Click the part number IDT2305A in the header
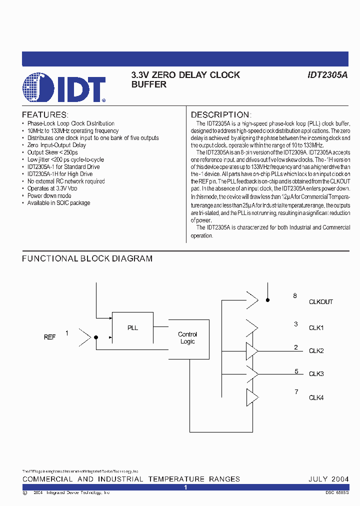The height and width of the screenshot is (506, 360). pyautogui.click(x=327, y=75)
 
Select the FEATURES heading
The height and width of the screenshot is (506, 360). pyautogui.click(x=44, y=114)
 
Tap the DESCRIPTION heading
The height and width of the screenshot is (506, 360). pyautogui.click(x=220, y=114)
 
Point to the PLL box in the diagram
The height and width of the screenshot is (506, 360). pyautogui.click(x=132, y=327)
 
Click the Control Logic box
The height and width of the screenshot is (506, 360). pyautogui.click(x=187, y=338)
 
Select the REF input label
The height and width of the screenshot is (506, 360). pyautogui.click(x=49, y=337)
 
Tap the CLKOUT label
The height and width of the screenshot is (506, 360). pyautogui.click(x=320, y=302)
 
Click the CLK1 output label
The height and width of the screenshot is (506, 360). pyautogui.click(x=316, y=328)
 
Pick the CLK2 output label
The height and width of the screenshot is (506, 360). pyautogui.click(x=316, y=351)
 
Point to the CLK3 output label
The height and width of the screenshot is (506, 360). pyautogui.click(x=316, y=374)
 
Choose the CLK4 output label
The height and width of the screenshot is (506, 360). pyautogui.click(x=316, y=398)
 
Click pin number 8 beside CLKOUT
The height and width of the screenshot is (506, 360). pyautogui.click(x=295, y=296)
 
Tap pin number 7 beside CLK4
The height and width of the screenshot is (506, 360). pyautogui.click(x=296, y=392)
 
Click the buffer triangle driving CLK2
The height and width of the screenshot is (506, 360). pyautogui.click(x=251, y=351)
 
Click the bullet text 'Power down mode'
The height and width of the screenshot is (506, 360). pyautogui.click(x=49, y=196)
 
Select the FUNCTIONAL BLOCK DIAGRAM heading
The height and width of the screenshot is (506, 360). pyautogui.click(x=87, y=258)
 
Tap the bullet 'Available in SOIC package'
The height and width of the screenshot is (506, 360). pyautogui.click(x=58, y=203)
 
